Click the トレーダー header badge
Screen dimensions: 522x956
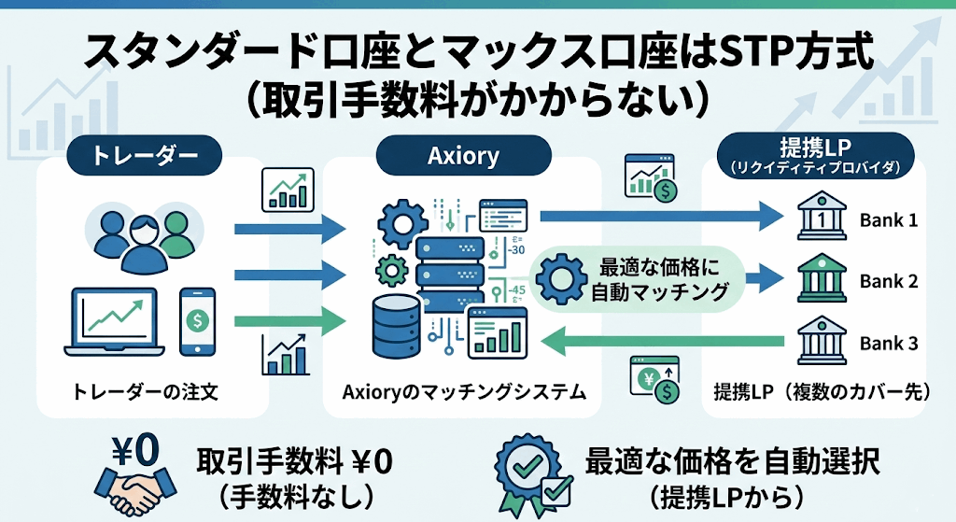(x=144, y=155)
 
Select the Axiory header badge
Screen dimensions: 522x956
(x=463, y=155)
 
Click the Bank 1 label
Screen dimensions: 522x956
(x=888, y=221)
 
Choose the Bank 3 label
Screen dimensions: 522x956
(x=888, y=344)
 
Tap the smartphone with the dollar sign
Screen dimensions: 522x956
(x=197, y=320)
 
